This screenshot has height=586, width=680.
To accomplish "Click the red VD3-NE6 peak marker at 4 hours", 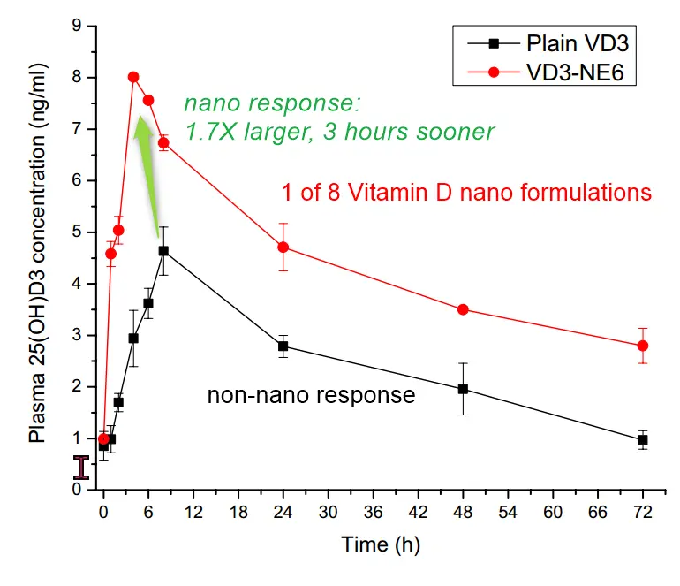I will click(133, 78).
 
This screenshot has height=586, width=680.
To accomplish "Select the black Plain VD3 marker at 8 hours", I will click(163, 251).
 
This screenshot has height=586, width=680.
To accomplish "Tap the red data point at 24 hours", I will click(283, 247).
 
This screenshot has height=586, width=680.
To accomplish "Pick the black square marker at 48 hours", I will click(464, 389).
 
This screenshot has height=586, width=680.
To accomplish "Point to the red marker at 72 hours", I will click(643, 346).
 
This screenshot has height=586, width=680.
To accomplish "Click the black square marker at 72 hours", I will click(643, 439).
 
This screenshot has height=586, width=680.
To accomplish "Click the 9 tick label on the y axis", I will click(77, 27).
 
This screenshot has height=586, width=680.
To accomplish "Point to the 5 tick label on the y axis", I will click(77, 232).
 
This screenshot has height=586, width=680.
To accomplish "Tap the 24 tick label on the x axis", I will click(283, 512).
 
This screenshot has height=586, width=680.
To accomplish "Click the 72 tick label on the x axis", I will click(643, 512).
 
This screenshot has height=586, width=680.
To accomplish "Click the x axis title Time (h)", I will click(377, 545).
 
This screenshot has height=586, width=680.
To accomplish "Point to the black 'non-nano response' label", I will click(311, 395).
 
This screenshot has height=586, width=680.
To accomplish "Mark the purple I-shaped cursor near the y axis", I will click(81, 468).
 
